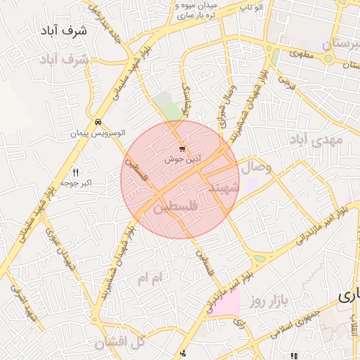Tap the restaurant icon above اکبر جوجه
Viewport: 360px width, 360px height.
tap(76, 172)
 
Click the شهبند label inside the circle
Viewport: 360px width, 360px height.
tap(224, 189)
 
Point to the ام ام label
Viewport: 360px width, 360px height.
tap(149, 279)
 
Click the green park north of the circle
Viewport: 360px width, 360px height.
tap(169, 105)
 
